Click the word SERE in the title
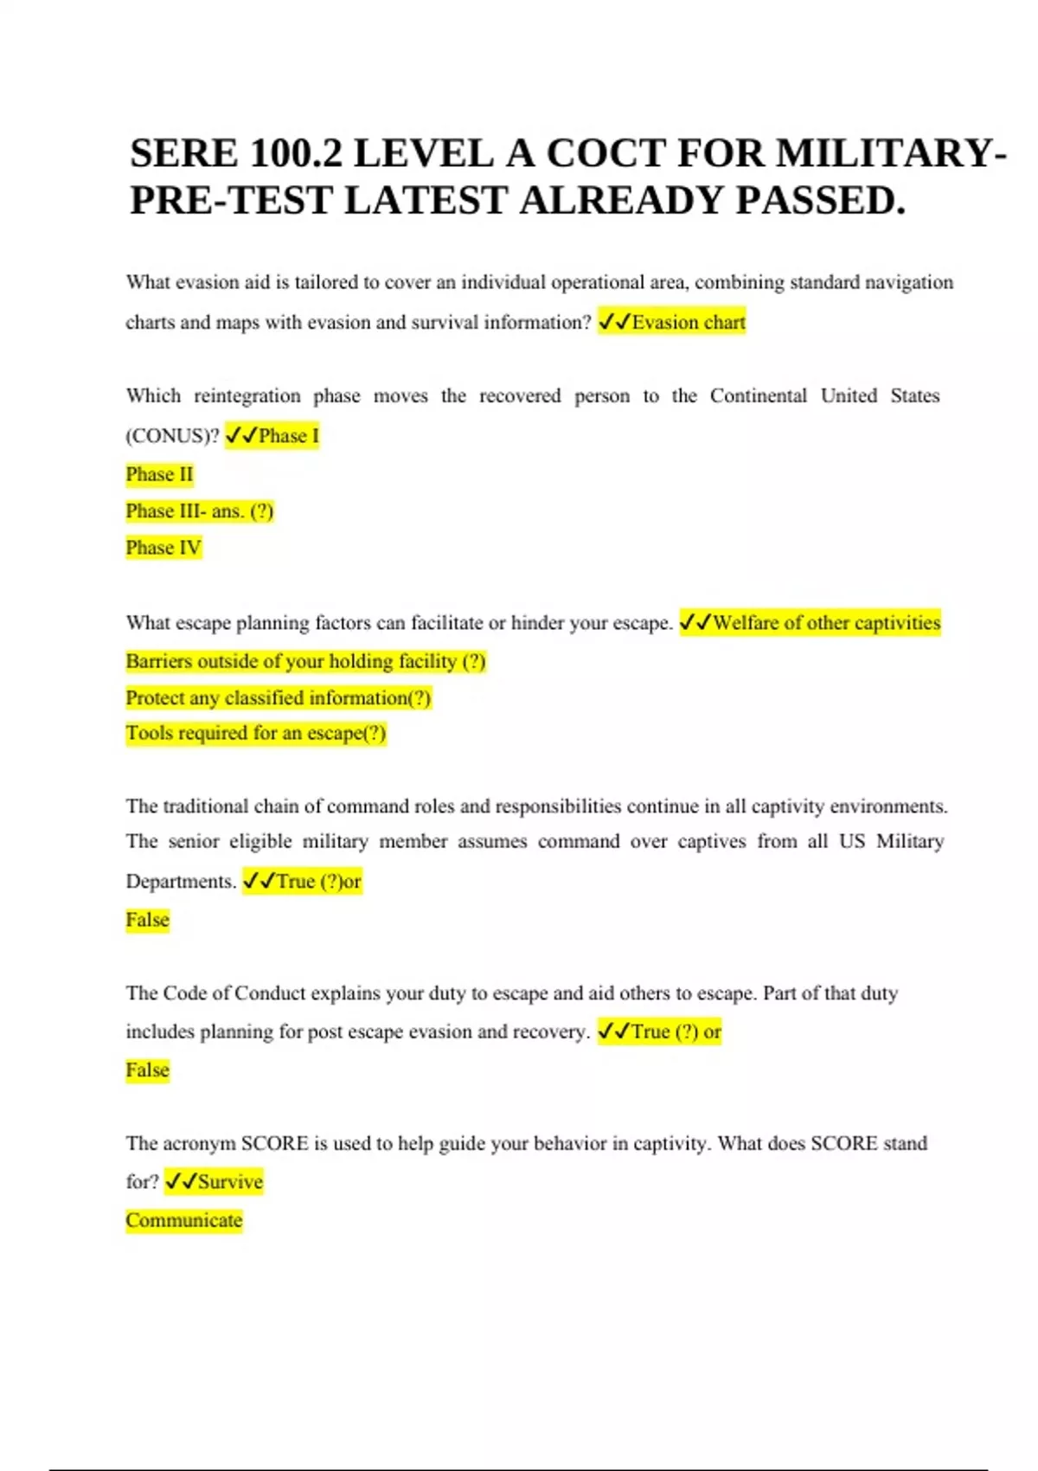click(183, 154)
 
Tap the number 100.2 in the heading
click(295, 154)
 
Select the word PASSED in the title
click(821, 201)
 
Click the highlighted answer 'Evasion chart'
click(689, 323)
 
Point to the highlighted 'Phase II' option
click(159, 474)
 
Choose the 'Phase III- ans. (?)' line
click(199, 511)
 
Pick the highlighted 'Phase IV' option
click(163, 548)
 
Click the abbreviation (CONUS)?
click(172, 436)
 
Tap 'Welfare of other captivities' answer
click(826, 623)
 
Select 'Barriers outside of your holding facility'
click(305, 662)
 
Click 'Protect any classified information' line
click(278, 698)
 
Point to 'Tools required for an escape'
click(255, 734)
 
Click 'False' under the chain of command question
click(147, 920)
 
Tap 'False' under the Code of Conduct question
click(147, 1070)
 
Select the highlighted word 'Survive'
click(230, 1182)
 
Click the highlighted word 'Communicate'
click(183, 1221)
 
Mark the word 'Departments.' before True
click(181, 882)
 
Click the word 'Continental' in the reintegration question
click(758, 396)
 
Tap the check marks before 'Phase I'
click(241, 436)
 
